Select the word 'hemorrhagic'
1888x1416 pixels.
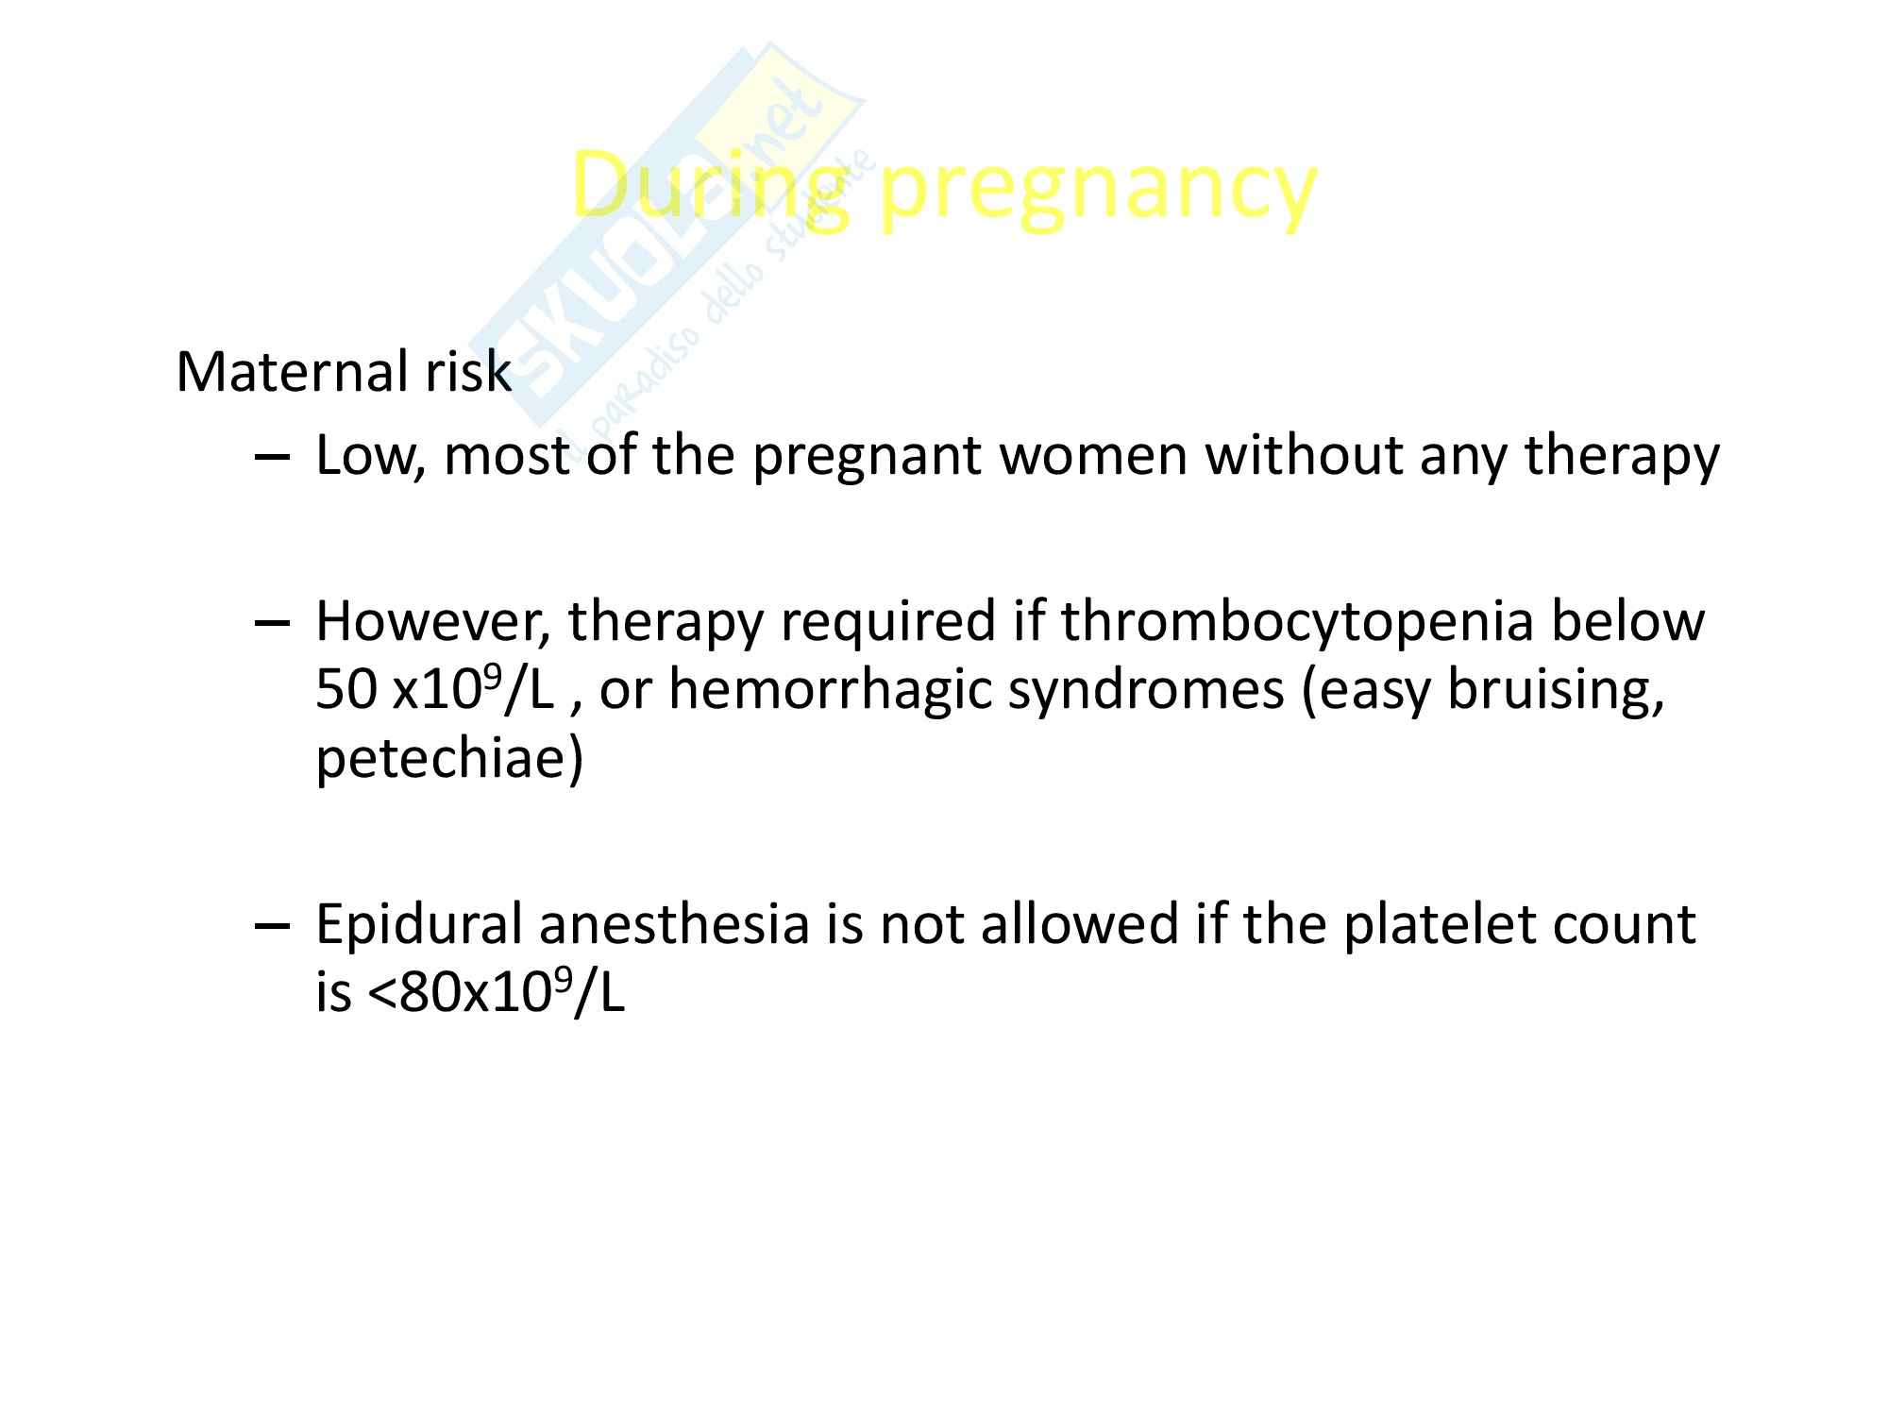831,695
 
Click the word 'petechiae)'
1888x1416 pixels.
449,761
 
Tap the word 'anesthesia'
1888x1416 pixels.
674,925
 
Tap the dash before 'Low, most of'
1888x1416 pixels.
272,457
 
